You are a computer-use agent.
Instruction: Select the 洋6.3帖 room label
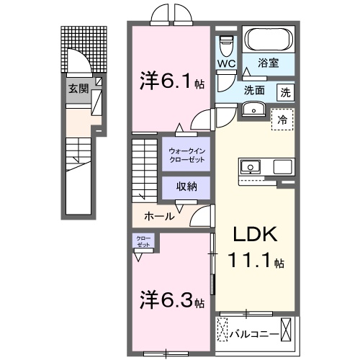point(172,300)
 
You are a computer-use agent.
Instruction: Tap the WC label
point(226,63)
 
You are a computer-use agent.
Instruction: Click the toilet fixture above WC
point(227,45)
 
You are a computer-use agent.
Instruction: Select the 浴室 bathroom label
point(269,63)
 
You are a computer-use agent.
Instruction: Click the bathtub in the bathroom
point(267,39)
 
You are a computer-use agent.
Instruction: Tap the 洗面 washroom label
point(253,91)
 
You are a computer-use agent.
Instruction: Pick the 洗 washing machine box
point(286,91)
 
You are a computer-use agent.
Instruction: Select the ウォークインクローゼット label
point(186,155)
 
